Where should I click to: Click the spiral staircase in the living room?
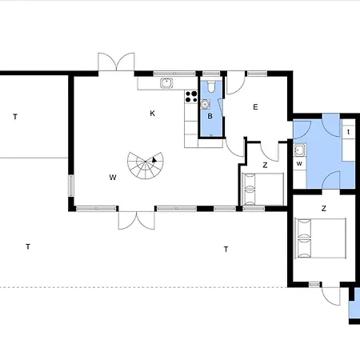pos(146,166)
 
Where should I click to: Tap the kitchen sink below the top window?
pos(166,83)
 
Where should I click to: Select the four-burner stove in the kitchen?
pos(191,97)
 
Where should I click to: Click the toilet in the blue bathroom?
pos(211,86)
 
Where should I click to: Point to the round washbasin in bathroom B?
pos(205,104)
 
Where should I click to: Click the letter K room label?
pos(152,114)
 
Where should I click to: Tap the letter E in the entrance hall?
pos(255,107)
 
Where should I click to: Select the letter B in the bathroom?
pos(210,116)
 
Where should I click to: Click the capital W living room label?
pos(113,178)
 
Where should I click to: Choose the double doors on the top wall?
pos(116,62)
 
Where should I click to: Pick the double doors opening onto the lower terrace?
pos(137,220)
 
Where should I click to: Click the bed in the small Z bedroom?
pos(262,190)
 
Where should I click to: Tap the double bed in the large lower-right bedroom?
pos(320,238)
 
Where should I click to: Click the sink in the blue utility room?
pos(300,150)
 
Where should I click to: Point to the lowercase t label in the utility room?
pos(348,132)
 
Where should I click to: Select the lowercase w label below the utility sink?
pos(299,163)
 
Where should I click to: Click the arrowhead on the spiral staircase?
pos(154,160)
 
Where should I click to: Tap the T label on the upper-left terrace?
pos(15,117)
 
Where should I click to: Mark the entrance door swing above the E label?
pos(236,83)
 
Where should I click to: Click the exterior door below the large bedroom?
pos(331,296)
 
